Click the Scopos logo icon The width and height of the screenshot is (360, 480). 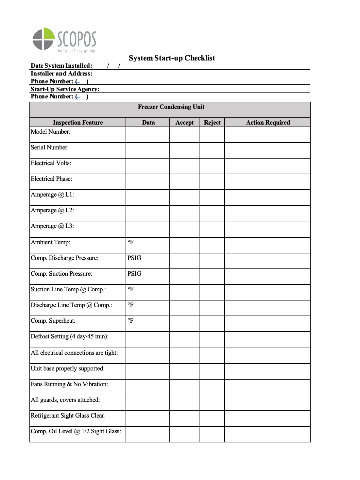(43, 39)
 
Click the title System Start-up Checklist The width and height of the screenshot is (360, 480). (172, 58)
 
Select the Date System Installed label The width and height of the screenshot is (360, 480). (61, 66)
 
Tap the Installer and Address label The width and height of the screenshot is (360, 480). (61, 74)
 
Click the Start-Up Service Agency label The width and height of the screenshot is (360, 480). (65, 89)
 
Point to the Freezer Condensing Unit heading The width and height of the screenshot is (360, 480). (171, 107)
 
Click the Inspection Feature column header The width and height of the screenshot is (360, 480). (78, 123)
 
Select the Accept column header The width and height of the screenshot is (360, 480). (184, 123)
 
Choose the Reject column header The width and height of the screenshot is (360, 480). (212, 123)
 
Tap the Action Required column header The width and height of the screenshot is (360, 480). (268, 123)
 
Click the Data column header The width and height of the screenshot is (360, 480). (148, 123)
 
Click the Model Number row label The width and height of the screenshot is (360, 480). (50, 132)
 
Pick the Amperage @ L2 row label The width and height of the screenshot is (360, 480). (52, 210)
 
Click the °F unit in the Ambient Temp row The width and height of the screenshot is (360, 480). (130, 242)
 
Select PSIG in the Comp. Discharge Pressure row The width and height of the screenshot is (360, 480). (134, 258)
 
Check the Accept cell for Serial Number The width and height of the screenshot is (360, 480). (184, 150)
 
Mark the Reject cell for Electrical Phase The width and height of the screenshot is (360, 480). (212, 182)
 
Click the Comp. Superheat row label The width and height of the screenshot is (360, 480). (53, 321)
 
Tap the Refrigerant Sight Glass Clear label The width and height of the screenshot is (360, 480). (68, 416)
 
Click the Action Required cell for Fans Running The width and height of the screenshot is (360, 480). (267, 387)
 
